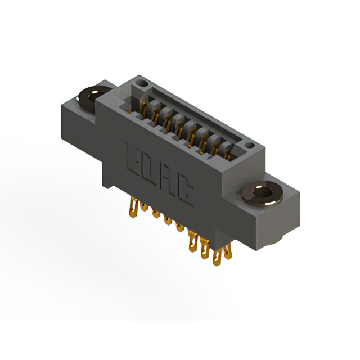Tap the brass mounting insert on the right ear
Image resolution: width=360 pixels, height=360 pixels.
(x=262, y=193)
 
